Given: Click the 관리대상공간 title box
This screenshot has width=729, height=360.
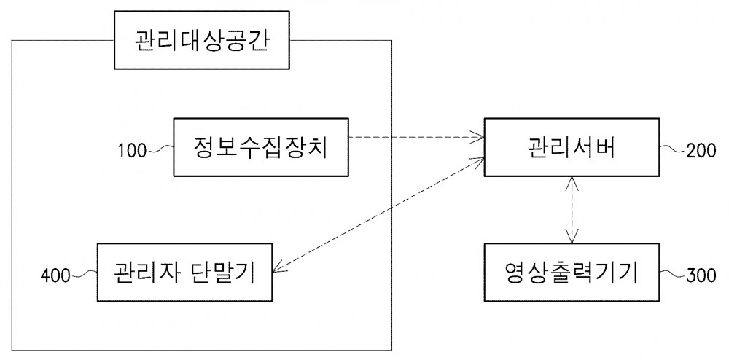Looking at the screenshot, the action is point(202,40).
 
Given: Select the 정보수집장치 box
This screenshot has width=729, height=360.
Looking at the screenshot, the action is point(261,147).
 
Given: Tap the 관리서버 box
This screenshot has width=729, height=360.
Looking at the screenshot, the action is point(572,147).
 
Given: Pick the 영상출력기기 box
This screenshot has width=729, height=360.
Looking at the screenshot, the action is point(572,272).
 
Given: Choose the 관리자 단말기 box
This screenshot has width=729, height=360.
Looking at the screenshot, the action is point(184,273).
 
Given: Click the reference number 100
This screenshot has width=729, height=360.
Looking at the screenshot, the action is point(132,152).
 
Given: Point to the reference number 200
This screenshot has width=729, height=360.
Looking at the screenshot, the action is point(701,152).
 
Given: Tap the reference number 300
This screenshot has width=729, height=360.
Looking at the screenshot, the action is point(701,276).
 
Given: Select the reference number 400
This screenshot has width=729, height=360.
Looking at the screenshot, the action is point(55,276).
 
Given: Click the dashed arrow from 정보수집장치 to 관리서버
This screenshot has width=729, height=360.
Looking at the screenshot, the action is point(416,137).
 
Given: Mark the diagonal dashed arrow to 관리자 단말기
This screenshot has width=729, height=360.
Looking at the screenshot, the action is point(378,214).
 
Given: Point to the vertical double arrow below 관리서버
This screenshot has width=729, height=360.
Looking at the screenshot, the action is point(572,210).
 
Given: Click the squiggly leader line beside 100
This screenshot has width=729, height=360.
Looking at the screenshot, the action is point(160,149).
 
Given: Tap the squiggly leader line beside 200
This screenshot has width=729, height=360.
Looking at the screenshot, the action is point(673,149).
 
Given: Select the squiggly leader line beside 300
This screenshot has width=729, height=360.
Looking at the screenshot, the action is point(673,273).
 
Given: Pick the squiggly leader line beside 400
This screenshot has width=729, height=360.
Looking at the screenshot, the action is point(84,273).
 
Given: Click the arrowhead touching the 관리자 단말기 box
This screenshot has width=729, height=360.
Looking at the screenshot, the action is point(278,267).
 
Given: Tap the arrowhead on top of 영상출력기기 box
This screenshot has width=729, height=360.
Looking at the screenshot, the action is point(572,237).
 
